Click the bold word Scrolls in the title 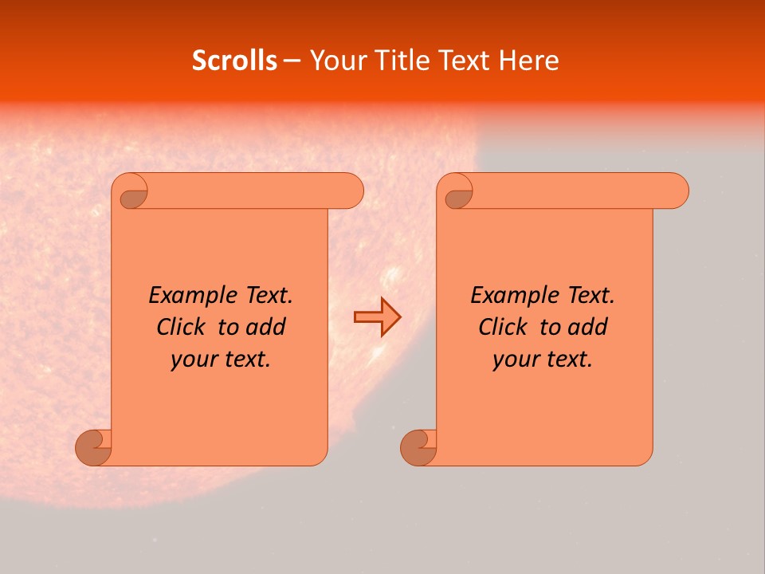pos(234,61)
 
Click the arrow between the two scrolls pos(377,316)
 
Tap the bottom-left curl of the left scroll pos(94,448)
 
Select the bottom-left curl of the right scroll pos(419,448)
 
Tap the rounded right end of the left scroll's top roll pos(351,191)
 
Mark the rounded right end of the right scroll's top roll pos(676,191)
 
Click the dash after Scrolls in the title pos(292,61)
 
